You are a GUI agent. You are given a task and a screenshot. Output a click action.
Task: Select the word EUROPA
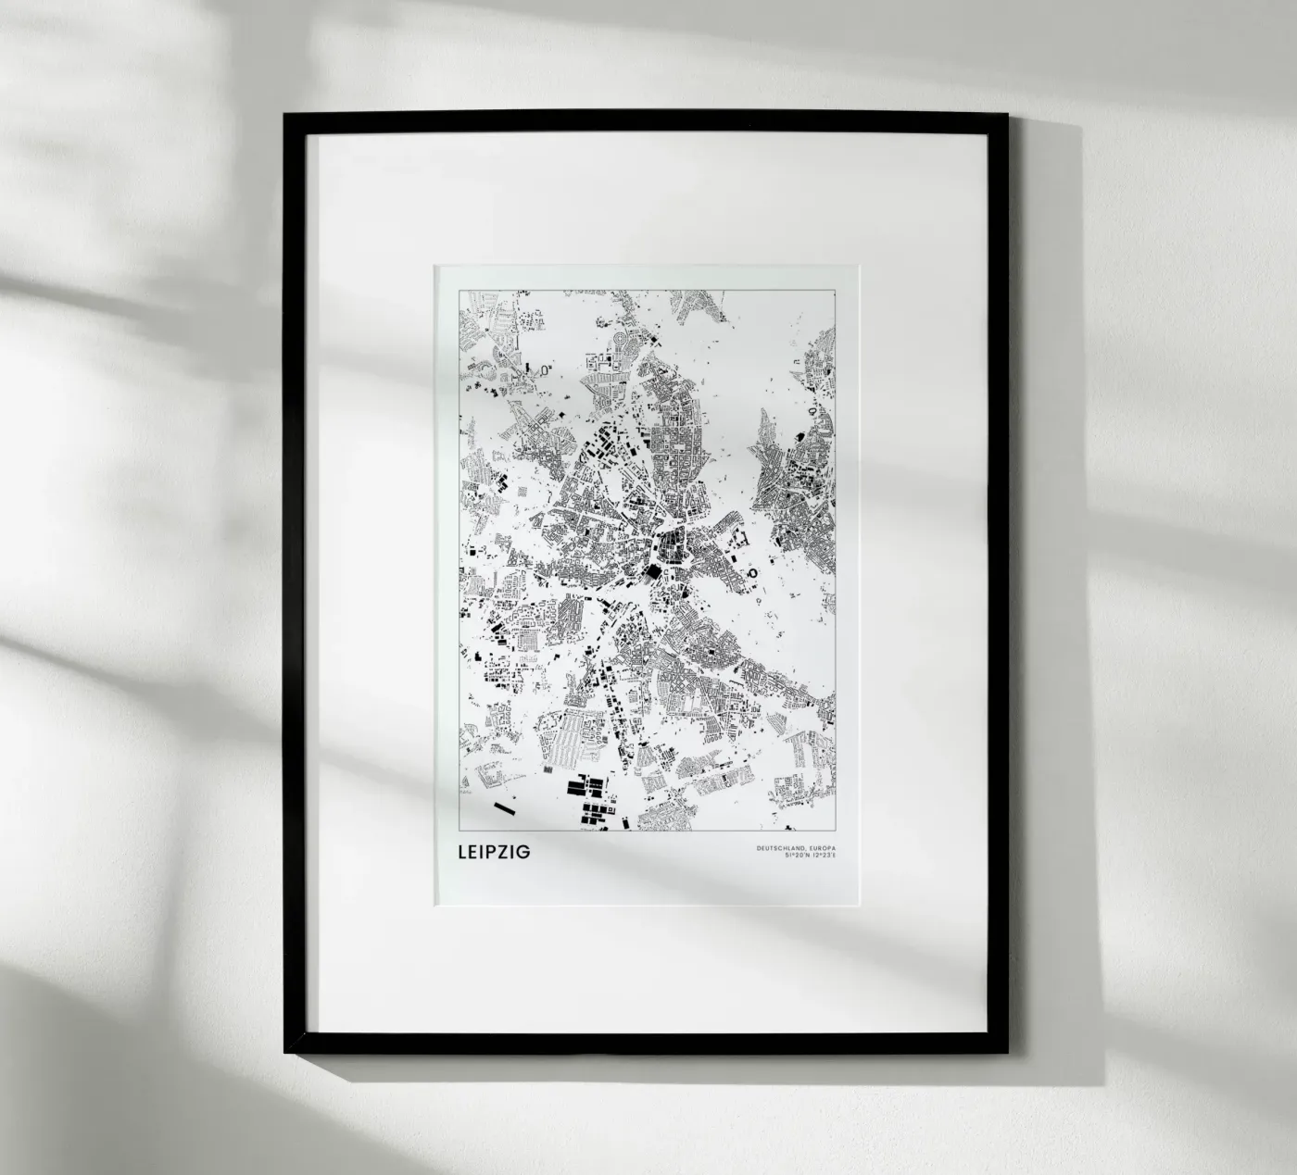[821, 848]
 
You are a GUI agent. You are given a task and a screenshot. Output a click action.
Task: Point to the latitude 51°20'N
[798, 856]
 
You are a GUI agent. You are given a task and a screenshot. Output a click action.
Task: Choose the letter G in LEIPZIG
[525, 851]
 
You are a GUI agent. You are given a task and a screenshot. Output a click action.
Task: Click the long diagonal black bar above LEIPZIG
[505, 809]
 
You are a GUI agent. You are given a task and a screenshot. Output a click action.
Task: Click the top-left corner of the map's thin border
[460, 290]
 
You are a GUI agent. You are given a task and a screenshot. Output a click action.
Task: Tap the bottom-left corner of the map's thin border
[460, 831]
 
